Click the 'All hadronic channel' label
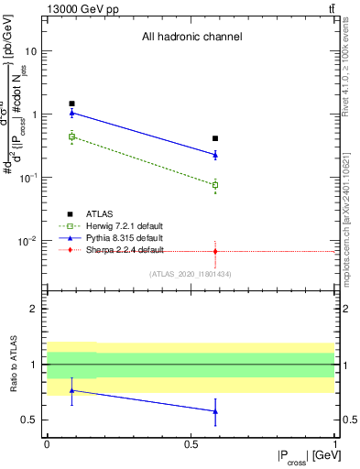coord(191,38)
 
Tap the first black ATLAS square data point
coord(71,104)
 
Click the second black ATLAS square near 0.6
coord(215,138)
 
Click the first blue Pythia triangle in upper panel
coord(71,113)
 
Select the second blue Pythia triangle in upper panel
coord(215,155)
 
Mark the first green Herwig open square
coord(71,136)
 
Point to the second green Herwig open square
coord(215,185)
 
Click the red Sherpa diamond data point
coord(215,251)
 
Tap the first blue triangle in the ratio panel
coord(71,390)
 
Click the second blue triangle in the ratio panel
coord(215,411)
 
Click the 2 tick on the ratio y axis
coord(33,310)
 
